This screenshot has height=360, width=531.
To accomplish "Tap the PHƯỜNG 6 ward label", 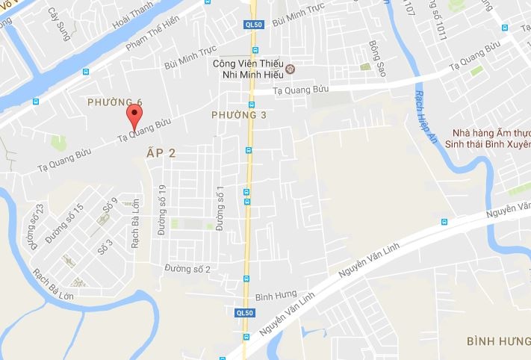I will pos(114,102).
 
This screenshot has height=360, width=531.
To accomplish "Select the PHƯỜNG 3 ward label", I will pos(238,114).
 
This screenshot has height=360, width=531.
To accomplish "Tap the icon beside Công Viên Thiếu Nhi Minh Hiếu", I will pos(291,71).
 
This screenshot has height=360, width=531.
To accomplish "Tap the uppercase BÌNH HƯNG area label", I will pos(498,341).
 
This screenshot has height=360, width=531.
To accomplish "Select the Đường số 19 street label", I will pos(161,212).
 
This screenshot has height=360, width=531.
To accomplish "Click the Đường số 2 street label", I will pos(187,269).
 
